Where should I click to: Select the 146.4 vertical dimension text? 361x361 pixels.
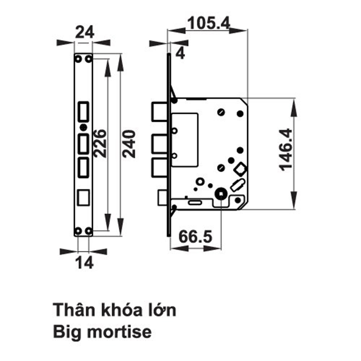pyautogui.click(x=287, y=149)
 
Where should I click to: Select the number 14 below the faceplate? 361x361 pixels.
pyautogui.click(x=84, y=262)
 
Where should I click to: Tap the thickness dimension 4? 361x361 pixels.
pyautogui.click(x=180, y=53)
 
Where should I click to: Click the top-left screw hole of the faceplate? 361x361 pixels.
pyautogui.click(x=79, y=59)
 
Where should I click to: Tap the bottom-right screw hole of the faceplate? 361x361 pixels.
pyautogui.click(x=88, y=231)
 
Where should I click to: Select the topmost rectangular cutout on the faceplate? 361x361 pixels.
pyautogui.click(x=83, y=111)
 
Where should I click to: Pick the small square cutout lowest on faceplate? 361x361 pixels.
pyautogui.click(x=83, y=198)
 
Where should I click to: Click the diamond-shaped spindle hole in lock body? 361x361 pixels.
pyautogui.click(x=240, y=169)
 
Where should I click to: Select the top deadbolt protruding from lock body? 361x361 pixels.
pyautogui.click(x=159, y=112)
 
